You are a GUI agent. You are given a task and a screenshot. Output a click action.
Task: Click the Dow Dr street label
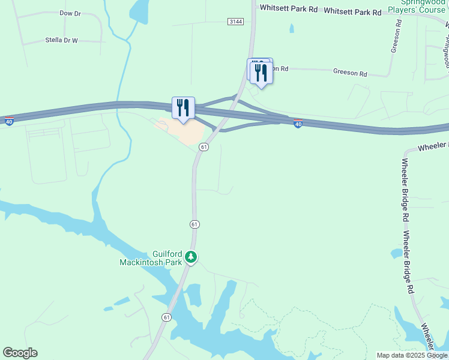tap(70, 13)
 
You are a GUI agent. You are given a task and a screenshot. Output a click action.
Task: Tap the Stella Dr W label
tap(62, 41)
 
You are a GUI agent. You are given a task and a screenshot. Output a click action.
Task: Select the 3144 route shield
tap(236, 21)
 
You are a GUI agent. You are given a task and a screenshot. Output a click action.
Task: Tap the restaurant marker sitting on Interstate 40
tap(183, 108)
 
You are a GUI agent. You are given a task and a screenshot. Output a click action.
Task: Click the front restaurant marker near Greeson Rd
tap(261, 73)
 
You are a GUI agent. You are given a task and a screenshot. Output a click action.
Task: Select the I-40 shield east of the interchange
tap(298, 124)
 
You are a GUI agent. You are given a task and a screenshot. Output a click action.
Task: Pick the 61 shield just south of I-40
tap(204, 147)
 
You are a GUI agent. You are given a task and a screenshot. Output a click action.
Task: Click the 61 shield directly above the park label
tap(194, 224)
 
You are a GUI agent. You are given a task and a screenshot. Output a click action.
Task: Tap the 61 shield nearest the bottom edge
tap(166, 317)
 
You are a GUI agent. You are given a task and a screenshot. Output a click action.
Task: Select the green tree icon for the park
tap(191, 257)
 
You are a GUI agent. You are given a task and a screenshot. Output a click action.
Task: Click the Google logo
tap(20, 353)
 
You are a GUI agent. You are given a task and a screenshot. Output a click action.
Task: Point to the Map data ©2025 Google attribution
tap(411, 355)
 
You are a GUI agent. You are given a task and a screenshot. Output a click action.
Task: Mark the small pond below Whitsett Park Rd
tap(291, 28)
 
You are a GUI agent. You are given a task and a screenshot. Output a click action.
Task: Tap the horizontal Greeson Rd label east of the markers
tap(350, 72)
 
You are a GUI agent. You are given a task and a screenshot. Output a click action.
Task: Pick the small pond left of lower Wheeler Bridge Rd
tap(396, 254)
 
